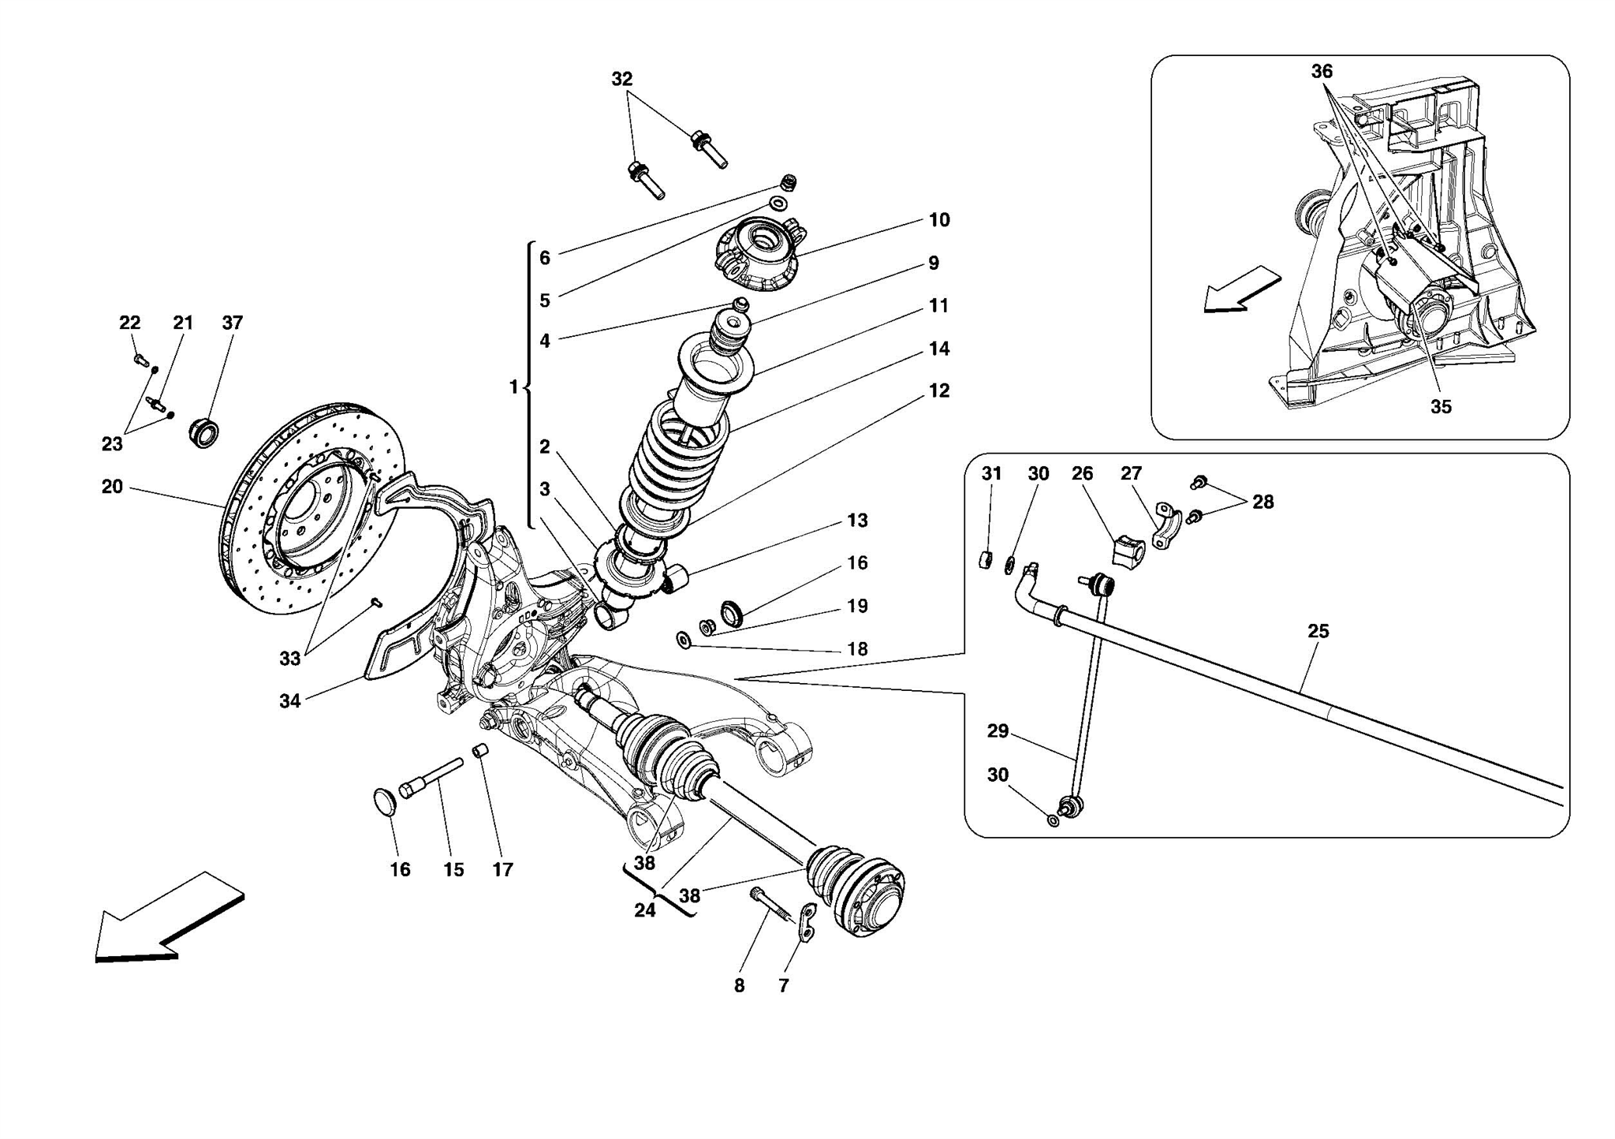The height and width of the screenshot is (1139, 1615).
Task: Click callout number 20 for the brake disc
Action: pos(112,487)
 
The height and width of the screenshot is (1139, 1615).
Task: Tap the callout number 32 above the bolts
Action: pos(621,79)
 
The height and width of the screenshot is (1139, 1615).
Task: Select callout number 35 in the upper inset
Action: pos(1440,407)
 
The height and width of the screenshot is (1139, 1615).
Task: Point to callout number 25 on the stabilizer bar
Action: pos(1318,631)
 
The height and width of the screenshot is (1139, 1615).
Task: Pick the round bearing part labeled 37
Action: pos(204,433)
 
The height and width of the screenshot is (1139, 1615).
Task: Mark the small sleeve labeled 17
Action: pos(480,751)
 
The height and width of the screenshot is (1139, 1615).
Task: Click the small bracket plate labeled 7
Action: pos(806,923)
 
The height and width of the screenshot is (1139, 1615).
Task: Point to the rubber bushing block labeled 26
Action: pos(1128,550)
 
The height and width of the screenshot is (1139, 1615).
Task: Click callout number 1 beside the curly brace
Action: pos(513,387)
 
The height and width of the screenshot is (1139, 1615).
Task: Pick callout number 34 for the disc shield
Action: pos(289,700)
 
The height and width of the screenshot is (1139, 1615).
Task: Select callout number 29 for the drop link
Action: pos(998,731)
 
